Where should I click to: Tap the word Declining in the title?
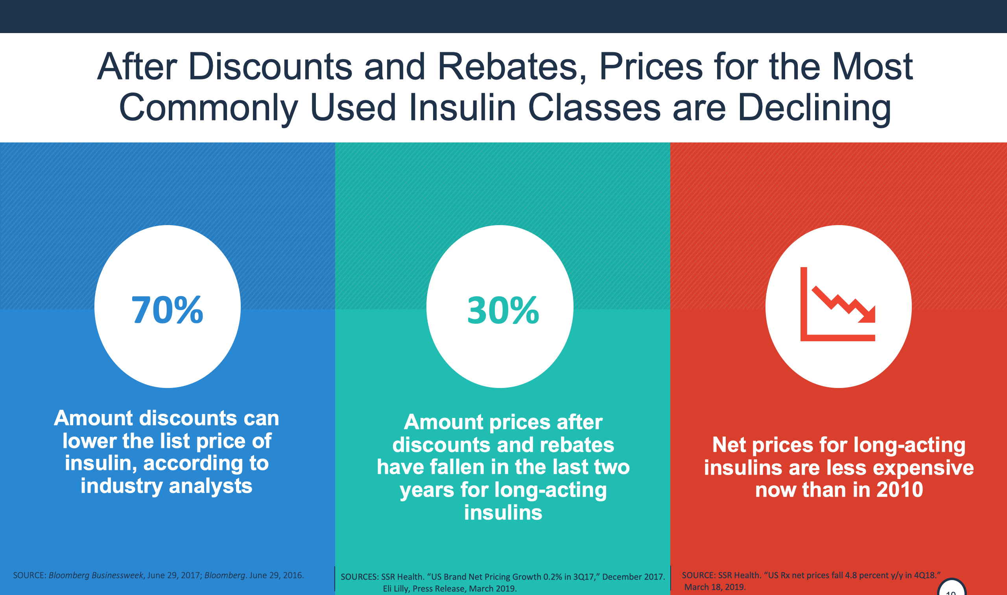(814, 107)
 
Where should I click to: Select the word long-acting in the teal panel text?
(551, 490)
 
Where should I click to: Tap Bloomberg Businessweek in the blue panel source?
(96, 575)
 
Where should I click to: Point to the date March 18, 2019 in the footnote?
(715, 587)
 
